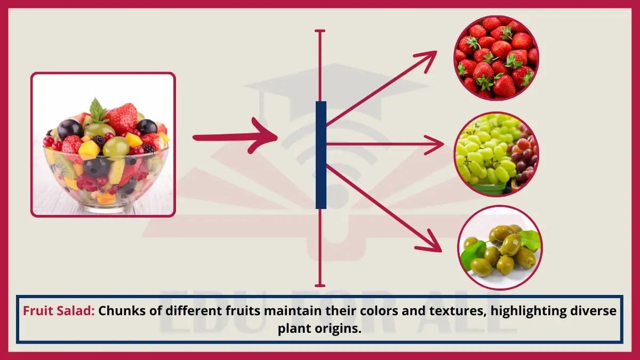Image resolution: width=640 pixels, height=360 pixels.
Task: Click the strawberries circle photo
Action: [496, 57]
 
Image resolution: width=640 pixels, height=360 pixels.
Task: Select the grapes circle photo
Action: [496, 154]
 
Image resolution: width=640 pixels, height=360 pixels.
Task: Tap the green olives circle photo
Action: [500, 247]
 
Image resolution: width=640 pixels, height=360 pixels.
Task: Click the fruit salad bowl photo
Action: [103, 145]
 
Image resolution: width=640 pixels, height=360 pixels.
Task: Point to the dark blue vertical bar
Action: [321, 155]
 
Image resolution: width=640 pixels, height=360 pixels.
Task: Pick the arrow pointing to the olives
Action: [384, 208]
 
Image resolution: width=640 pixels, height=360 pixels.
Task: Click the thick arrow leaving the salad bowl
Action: [235, 138]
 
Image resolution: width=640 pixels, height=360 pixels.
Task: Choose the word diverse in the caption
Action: [596, 311]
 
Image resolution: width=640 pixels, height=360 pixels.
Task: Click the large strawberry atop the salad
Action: [121, 118]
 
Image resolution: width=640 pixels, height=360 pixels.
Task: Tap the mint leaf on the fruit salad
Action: [97, 109]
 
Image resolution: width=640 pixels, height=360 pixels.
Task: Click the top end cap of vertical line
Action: [320, 31]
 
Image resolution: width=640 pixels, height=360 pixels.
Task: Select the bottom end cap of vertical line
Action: [320, 285]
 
